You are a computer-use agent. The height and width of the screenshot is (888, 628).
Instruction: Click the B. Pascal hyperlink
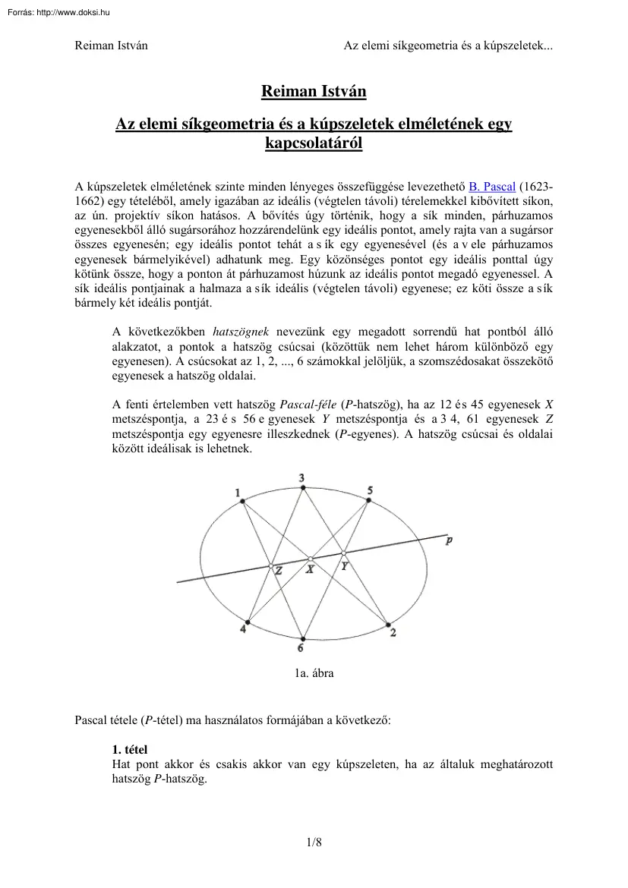[x=493, y=187]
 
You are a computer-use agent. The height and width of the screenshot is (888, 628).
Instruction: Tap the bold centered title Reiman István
[x=314, y=92]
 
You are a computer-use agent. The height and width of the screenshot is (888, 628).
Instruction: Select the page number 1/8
[x=314, y=841]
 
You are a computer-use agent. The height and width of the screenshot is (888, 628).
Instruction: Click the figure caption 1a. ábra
[x=314, y=672]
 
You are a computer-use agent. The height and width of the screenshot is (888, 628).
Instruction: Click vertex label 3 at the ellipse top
[x=301, y=477]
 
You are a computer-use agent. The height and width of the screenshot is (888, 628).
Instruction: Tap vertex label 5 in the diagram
[x=370, y=491]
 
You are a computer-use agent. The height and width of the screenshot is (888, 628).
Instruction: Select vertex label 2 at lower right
[x=393, y=632]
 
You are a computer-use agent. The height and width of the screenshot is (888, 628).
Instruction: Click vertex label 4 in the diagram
[x=243, y=629]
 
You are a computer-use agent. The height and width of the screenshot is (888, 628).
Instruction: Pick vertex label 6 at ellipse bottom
[x=301, y=647]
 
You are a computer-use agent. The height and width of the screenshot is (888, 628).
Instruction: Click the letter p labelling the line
[x=450, y=540]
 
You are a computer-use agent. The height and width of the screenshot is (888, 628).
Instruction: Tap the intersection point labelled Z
[x=270, y=565]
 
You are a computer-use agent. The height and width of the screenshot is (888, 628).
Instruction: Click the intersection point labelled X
[x=311, y=559]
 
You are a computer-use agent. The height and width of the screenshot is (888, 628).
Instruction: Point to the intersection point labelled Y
[x=343, y=553]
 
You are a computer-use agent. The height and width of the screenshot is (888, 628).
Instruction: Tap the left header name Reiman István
[x=111, y=45]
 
